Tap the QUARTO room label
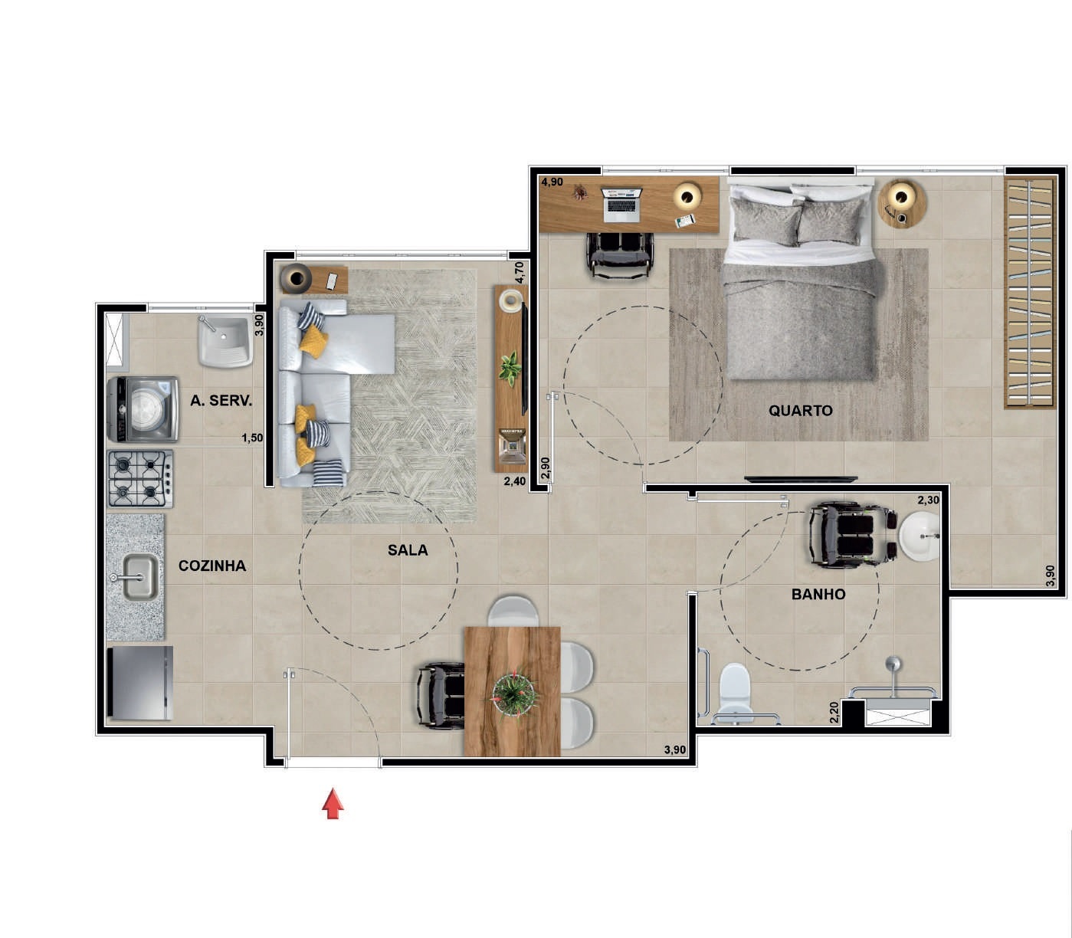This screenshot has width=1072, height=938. pyautogui.click(x=800, y=410)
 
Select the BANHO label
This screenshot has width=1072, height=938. pyautogui.click(x=818, y=594)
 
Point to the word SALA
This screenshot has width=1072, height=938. pyautogui.click(x=408, y=549)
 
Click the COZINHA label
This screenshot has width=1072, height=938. pyautogui.click(x=212, y=566)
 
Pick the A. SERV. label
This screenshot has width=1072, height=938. pyautogui.click(x=221, y=401)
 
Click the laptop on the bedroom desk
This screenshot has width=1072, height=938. pyautogui.click(x=621, y=205)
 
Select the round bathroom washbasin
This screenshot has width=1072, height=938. pyautogui.click(x=920, y=536)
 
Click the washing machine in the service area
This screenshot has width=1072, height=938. pyautogui.click(x=143, y=409)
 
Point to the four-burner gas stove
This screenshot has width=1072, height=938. pyautogui.click(x=140, y=479)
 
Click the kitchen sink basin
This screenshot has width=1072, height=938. pyautogui.click(x=139, y=578)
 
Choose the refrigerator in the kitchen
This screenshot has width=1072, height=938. pyautogui.click(x=140, y=683)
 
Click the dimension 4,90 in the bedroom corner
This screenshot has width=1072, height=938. pyautogui.click(x=552, y=182)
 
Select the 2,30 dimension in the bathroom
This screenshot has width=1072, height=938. pyautogui.click(x=929, y=500)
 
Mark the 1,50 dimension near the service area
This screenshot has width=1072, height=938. pyautogui.click(x=252, y=438)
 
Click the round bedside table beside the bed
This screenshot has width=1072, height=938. pyautogui.click(x=902, y=203)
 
